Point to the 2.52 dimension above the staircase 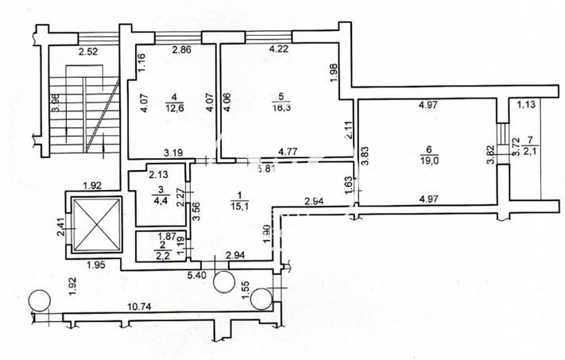coord(87,53)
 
